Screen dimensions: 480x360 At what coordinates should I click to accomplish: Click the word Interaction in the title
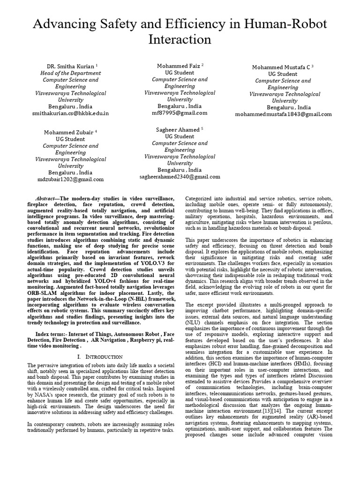click(x=180, y=40)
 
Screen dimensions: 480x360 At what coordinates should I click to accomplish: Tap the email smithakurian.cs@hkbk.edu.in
click(x=70, y=113)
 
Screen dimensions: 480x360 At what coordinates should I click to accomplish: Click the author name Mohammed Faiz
click(x=178, y=67)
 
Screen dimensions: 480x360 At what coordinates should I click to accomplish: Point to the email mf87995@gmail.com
click(x=180, y=113)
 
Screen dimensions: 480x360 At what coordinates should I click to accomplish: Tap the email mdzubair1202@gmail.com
click(x=70, y=179)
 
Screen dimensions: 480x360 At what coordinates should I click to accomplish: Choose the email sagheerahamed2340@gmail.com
click(x=180, y=177)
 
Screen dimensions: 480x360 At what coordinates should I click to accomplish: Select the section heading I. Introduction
click(x=99, y=357)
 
